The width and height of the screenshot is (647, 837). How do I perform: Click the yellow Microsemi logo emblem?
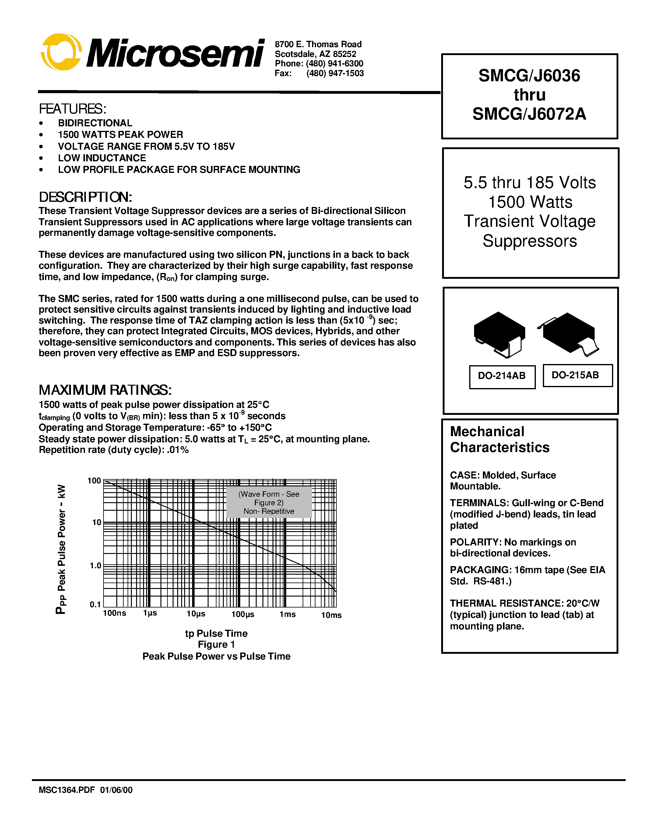click(x=61, y=52)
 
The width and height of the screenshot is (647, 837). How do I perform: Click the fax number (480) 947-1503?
click(x=335, y=73)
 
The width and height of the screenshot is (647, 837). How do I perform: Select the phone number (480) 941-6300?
click(x=334, y=63)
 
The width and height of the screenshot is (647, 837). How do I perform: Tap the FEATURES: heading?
click(x=72, y=109)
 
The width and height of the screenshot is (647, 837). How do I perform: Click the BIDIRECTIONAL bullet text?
click(x=95, y=123)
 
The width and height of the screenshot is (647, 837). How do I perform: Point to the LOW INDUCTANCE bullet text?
click(x=102, y=158)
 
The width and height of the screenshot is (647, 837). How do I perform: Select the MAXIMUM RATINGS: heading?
click(x=105, y=390)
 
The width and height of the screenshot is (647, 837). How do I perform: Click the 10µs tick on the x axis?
click(x=196, y=614)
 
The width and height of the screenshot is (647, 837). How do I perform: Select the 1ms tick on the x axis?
click(x=287, y=614)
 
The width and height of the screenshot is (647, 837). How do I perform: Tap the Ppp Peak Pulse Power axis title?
click(x=61, y=549)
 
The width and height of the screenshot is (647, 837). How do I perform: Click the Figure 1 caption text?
click(x=216, y=645)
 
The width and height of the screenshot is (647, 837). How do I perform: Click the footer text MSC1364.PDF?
click(x=66, y=790)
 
